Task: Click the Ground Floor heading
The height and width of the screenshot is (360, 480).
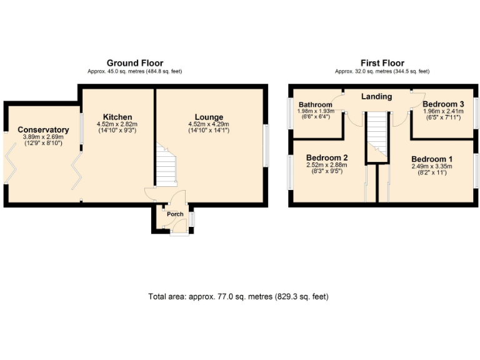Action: (x=134, y=63)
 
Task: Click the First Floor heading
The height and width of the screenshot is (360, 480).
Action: (x=382, y=63)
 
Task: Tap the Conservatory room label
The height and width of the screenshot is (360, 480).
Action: (x=42, y=130)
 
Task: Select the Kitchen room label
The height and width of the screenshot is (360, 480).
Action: (x=117, y=117)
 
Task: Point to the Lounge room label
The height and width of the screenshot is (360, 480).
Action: (x=208, y=117)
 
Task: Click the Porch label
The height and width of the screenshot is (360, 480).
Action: (x=174, y=214)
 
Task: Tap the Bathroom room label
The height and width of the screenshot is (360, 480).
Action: (x=314, y=104)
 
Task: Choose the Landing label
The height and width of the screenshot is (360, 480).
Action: (x=377, y=96)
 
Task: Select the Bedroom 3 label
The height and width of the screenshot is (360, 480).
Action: (x=443, y=104)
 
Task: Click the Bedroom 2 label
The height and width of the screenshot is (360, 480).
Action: (x=327, y=157)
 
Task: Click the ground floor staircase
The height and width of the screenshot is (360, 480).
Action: (x=166, y=166)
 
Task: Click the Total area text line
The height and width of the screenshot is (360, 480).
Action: (x=238, y=296)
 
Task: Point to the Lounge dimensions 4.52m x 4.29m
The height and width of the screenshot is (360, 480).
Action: (x=208, y=124)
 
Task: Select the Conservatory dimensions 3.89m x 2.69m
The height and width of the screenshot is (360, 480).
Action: (x=42, y=137)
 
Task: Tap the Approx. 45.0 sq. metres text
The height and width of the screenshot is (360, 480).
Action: (x=134, y=71)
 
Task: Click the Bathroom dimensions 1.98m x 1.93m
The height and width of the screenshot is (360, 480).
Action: (x=314, y=111)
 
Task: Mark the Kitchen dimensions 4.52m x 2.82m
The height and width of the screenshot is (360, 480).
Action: (x=117, y=124)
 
